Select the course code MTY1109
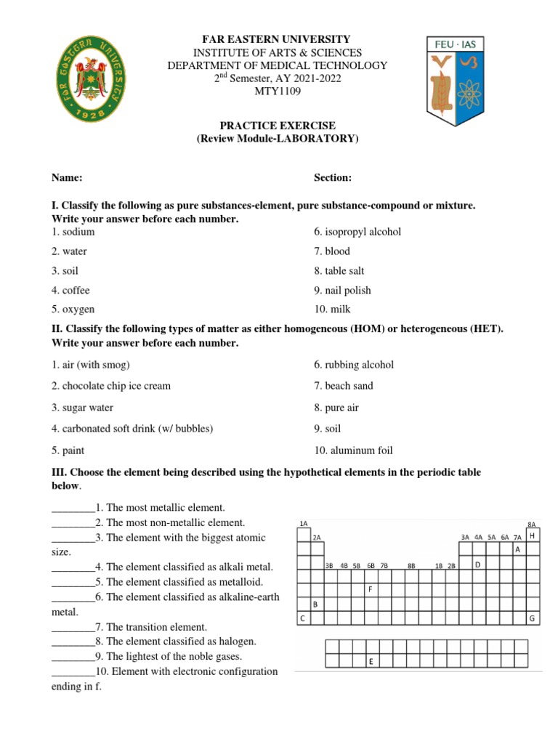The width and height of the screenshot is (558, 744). (x=278, y=92)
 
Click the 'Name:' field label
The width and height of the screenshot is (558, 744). (x=67, y=178)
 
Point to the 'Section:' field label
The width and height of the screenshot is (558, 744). (x=333, y=178)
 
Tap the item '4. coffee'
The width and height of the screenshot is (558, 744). (x=70, y=290)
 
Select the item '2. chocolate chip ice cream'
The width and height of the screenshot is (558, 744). (x=110, y=386)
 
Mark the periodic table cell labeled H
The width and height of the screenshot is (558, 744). (x=532, y=535)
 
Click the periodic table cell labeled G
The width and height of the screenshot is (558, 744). (x=532, y=618)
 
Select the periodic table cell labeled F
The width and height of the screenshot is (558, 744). (x=371, y=589)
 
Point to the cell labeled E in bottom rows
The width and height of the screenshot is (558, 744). (x=371, y=661)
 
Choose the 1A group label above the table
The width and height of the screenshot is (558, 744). (x=303, y=523)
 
